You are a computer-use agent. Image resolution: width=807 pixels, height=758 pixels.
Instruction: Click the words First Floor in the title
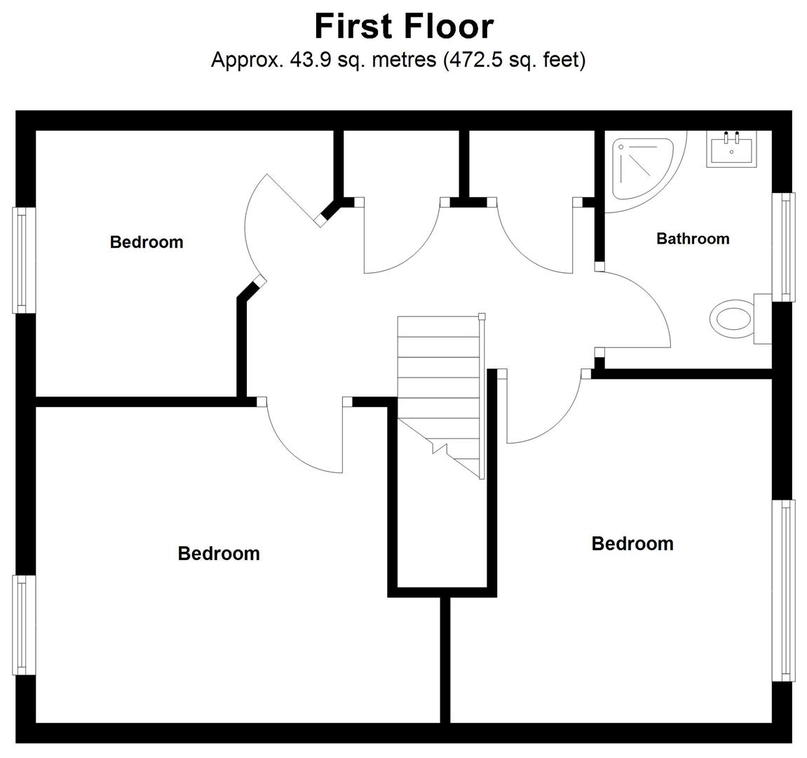point(404,26)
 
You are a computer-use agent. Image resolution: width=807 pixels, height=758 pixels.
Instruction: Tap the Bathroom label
point(693,239)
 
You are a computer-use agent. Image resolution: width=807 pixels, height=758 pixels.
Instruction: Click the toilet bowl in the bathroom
point(731,319)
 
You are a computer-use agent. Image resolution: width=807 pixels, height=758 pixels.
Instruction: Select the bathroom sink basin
point(731,149)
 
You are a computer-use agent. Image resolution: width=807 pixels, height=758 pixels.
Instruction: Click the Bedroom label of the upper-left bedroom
point(147,242)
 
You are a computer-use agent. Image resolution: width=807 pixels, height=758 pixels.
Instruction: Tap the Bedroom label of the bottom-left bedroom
point(219,554)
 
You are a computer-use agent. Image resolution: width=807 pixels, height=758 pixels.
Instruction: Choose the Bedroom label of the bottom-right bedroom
point(632,544)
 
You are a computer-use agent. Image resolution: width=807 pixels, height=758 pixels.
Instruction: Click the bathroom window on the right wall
point(783,247)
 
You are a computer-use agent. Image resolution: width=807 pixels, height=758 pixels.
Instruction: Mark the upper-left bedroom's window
point(24,260)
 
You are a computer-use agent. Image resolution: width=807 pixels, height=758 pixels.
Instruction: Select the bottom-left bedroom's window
point(24,625)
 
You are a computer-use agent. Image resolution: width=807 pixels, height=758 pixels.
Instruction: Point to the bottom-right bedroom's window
point(783,590)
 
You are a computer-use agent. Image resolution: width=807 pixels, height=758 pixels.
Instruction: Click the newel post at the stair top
point(482,317)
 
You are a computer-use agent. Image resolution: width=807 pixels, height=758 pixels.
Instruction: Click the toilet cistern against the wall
point(763,319)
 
